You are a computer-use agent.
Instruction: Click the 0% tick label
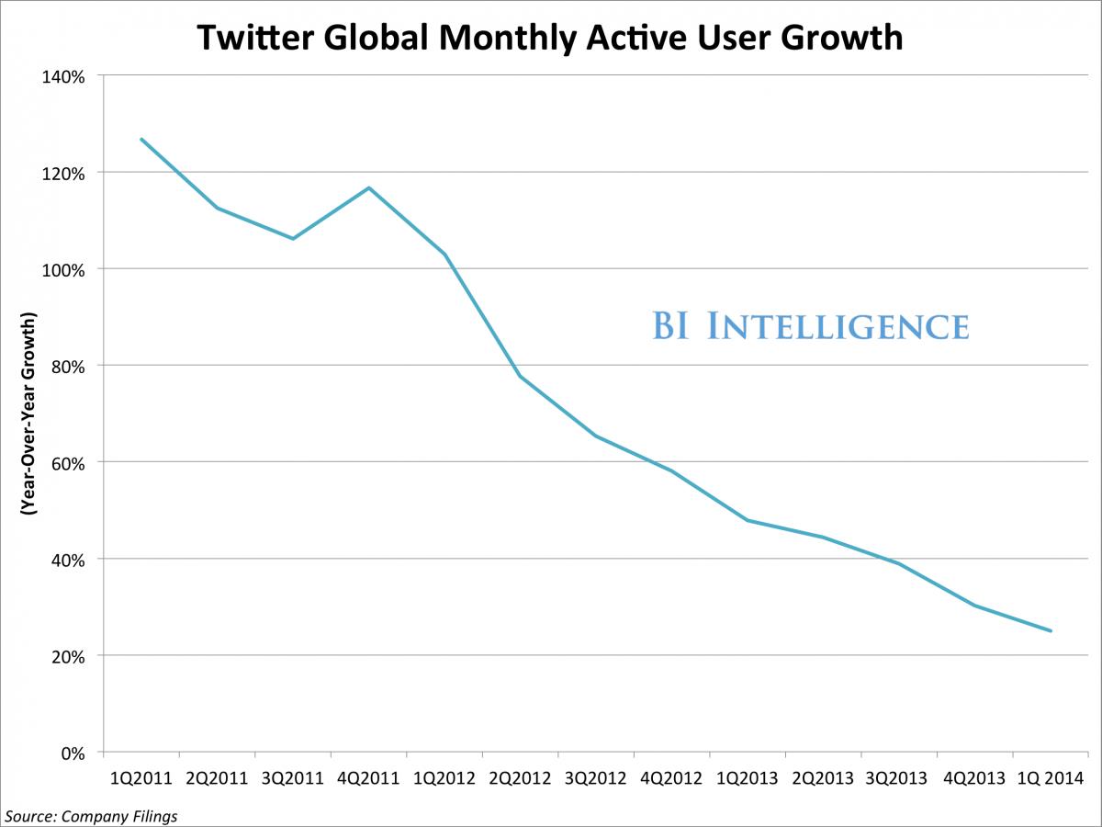point(73,753)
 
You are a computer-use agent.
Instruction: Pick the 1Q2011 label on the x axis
point(141,779)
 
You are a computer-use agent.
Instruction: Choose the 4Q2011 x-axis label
point(368,779)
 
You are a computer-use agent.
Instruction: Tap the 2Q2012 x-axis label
point(520,779)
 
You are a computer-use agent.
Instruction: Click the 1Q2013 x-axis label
point(747,779)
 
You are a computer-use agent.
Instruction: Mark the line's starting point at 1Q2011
point(141,139)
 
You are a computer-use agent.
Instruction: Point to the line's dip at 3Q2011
point(293,239)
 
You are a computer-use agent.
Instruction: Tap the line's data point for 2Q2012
point(520,376)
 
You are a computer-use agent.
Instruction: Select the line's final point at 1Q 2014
point(1051,631)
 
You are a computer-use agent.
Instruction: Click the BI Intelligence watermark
point(811,326)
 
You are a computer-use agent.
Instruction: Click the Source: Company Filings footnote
point(91,815)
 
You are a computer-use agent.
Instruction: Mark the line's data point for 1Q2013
point(748,520)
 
